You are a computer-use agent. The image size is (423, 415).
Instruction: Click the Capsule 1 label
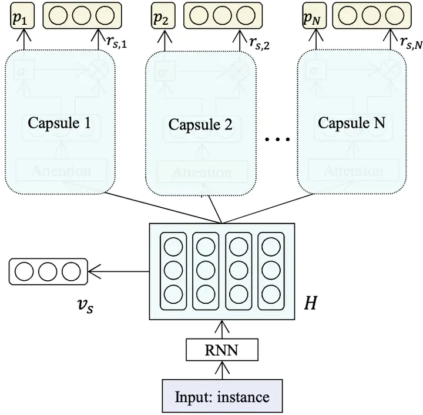59,124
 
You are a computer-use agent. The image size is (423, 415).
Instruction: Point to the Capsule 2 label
200,125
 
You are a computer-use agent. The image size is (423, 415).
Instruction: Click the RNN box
222,351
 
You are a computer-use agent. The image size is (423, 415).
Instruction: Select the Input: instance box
222,396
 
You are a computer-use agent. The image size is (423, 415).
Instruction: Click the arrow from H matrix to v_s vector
117,271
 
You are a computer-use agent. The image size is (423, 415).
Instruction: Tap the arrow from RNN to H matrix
222,330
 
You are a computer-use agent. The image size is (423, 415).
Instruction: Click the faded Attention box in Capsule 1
61,171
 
